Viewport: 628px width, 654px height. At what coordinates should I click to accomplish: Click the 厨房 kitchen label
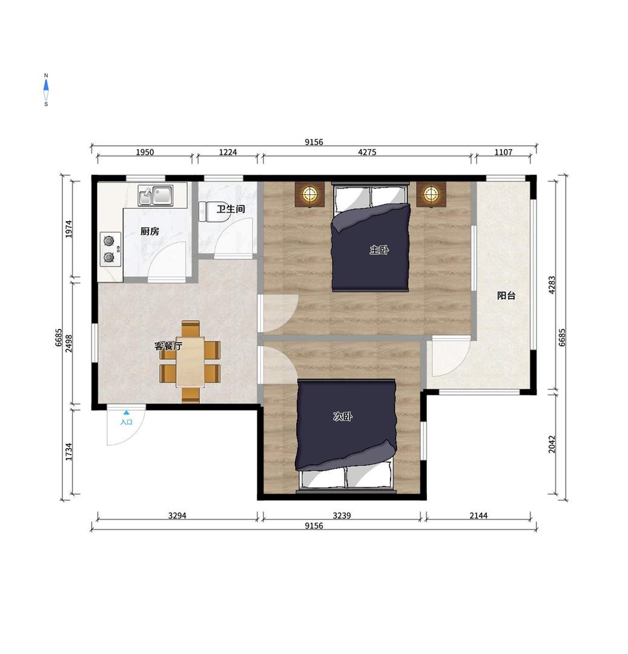(x=150, y=231)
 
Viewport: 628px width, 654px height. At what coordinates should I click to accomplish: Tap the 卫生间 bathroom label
(x=231, y=209)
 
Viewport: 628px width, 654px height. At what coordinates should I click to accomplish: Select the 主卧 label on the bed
(x=379, y=250)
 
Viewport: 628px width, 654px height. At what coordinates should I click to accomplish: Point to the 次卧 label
(x=343, y=416)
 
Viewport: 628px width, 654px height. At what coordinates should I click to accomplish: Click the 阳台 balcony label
(x=506, y=296)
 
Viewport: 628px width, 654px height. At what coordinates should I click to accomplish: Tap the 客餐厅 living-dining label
(x=168, y=346)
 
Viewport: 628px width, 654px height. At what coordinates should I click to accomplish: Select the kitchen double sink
(x=156, y=196)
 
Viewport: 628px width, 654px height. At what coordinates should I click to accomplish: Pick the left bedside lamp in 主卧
(x=310, y=194)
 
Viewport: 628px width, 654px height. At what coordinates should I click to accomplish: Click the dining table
(x=190, y=362)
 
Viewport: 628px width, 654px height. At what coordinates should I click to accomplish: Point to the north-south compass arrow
(x=46, y=90)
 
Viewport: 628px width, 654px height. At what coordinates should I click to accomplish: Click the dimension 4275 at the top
(x=367, y=152)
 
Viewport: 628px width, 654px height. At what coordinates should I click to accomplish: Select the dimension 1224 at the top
(x=228, y=152)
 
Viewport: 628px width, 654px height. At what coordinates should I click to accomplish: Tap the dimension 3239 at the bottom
(x=342, y=515)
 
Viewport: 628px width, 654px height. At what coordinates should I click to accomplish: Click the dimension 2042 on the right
(x=552, y=444)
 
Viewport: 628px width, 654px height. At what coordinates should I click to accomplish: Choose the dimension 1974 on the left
(x=69, y=229)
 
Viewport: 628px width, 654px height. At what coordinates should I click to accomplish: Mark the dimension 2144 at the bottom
(x=478, y=515)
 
